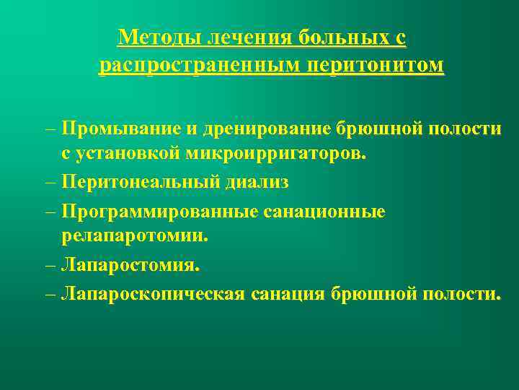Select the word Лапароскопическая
point(151,294)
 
